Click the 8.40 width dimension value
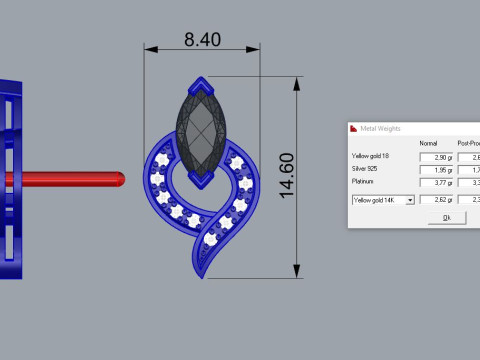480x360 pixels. (x=202, y=40)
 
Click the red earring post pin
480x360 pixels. (x=60, y=179)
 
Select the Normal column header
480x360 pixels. (x=428, y=144)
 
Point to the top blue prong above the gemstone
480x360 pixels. (x=201, y=85)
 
